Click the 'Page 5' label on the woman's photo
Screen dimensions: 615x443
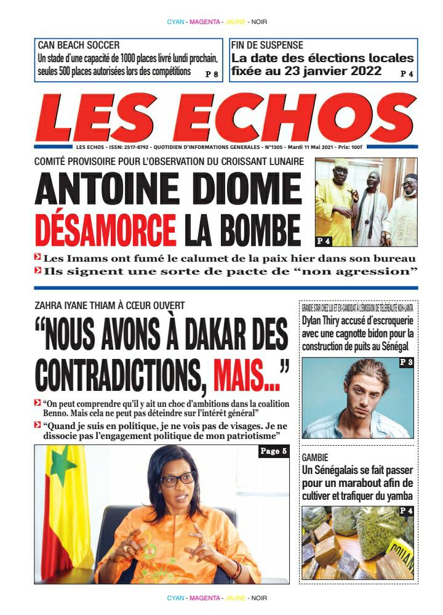(x=273, y=452)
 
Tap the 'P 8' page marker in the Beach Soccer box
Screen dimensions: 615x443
(x=212, y=74)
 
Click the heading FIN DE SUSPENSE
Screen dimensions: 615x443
(x=267, y=45)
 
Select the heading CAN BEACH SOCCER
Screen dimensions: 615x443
(x=79, y=45)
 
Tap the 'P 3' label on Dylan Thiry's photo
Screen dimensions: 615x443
(x=406, y=363)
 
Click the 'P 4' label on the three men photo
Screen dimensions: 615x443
(x=324, y=240)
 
